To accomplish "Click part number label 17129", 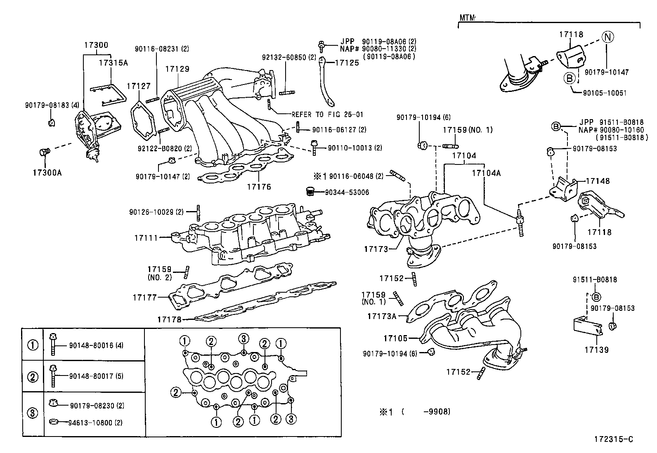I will coord(177,69).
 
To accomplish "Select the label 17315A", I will coord(113,63).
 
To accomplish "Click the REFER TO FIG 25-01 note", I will coord(327,115).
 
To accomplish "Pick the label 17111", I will coord(146,238).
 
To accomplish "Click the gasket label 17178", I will coord(169,319).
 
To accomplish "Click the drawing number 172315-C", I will coord(613,439).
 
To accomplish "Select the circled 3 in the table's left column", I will coord(33,413).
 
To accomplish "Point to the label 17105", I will coord(395,338).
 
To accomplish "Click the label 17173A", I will coord(381,316).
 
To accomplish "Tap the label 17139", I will coord(596,350).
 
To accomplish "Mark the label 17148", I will coord(597,181).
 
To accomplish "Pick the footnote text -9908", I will coord(437,411).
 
